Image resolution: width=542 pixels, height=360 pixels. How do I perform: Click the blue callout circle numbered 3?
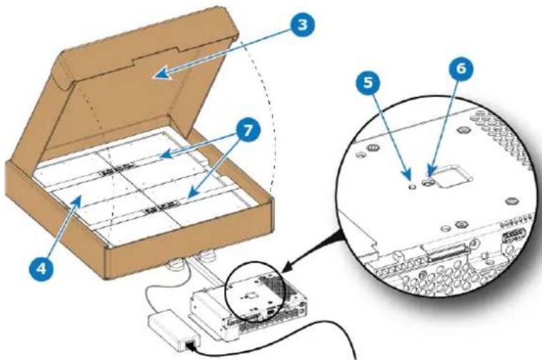coord(303,24)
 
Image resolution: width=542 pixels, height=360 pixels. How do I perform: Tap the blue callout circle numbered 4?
coord(41,268)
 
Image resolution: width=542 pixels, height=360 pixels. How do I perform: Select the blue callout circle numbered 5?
coord(368,82)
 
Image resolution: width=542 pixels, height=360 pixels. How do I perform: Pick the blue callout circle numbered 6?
coord(461,68)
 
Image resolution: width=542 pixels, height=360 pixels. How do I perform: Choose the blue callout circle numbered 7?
coord(249,131)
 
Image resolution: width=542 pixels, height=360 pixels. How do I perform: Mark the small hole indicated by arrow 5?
coord(412,186)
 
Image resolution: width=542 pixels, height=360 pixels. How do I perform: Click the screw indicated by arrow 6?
coord(428,181)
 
